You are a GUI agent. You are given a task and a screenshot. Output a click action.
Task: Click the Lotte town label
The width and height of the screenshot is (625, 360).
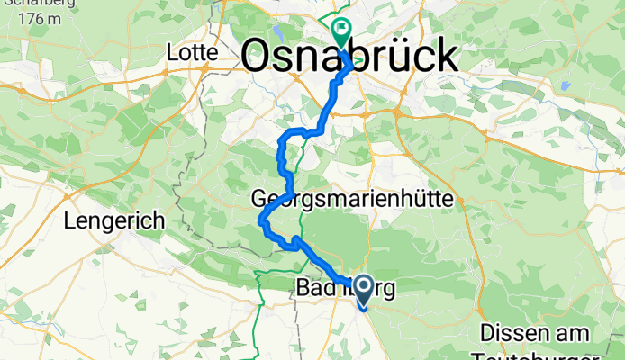(193, 54)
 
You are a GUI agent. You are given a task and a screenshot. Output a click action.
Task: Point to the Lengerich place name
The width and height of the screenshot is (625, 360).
(113, 220)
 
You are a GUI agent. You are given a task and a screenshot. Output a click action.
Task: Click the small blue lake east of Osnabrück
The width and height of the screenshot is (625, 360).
(564, 86)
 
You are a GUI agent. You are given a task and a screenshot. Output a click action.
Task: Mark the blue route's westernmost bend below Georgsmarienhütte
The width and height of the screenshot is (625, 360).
(261, 220)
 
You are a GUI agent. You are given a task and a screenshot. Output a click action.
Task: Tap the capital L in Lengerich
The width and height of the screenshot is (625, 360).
(68, 219)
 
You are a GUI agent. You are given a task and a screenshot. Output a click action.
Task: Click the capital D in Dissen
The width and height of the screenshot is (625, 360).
(486, 330)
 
